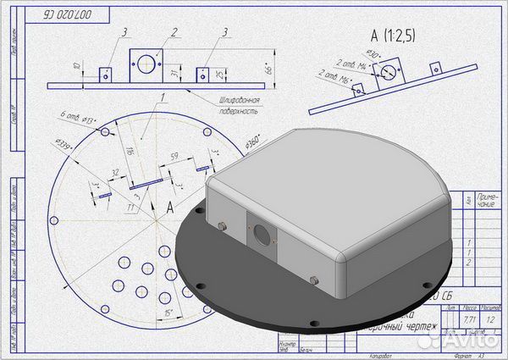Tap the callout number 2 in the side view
pyautogui.click(x=174, y=33)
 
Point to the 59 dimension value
pyautogui.click(x=174, y=157)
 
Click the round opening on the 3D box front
pyautogui.click(x=262, y=234)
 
